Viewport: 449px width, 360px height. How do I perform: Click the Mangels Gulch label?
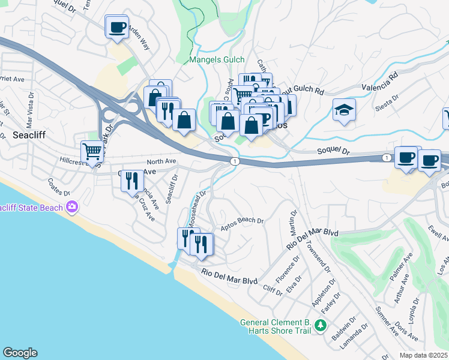coord(217,59)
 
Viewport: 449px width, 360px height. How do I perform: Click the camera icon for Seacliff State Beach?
coord(73,206)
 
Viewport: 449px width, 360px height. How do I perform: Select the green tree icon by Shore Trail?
coord(321,326)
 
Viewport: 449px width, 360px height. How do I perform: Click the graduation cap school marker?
coord(345,110)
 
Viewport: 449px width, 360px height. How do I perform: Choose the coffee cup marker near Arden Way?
coord(117,27)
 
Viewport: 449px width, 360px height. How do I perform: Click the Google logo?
coord(20,353)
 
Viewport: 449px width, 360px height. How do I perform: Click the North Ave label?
coord(161,161)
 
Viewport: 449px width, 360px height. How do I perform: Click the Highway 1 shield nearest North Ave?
coord(235,161)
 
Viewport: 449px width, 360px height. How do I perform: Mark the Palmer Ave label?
coord(402,267)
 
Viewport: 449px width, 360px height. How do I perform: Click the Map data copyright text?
coord(424,355)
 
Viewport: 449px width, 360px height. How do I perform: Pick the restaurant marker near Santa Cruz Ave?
coord(132,179)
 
